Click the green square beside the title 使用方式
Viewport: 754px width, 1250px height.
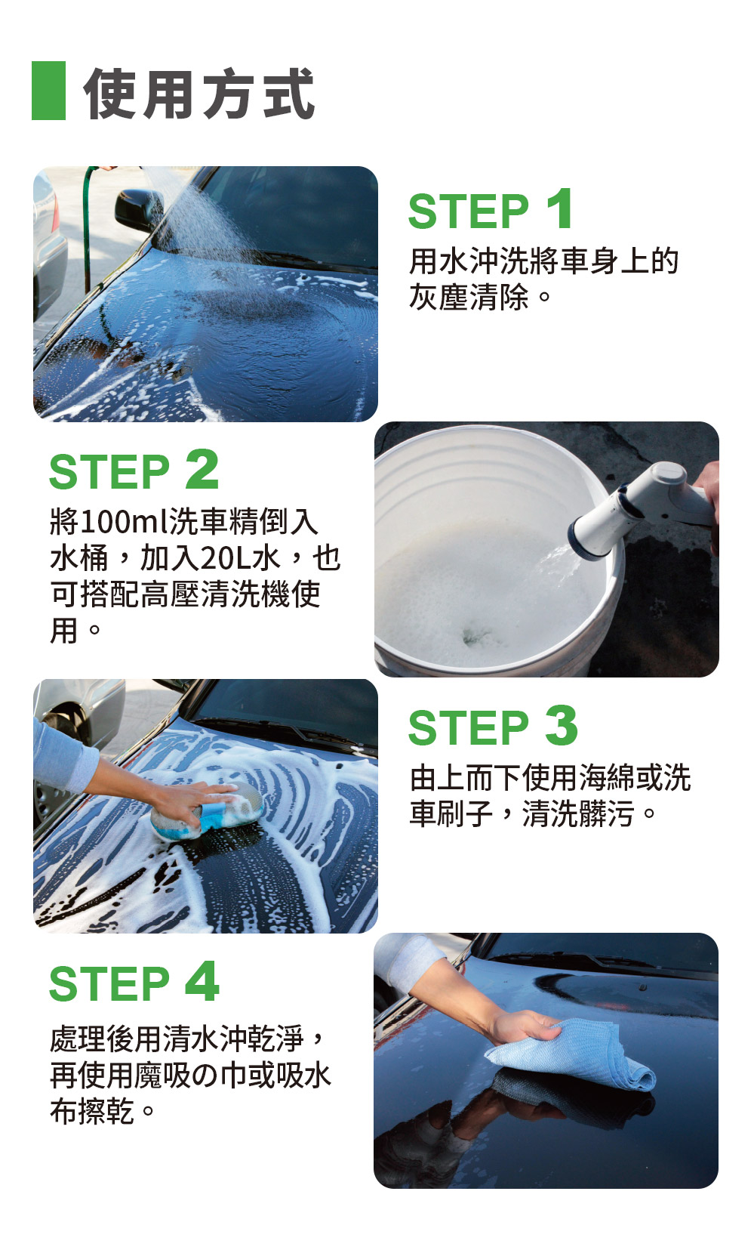[48, 91]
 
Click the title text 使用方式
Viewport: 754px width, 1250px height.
[199, 93]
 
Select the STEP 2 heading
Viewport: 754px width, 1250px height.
[134, 470]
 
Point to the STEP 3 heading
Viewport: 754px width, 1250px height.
[493, 727]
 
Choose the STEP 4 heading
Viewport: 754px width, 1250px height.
[134, 983]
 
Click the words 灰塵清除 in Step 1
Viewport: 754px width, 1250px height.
[469, 297]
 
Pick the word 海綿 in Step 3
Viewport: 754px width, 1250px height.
[607, 777]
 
